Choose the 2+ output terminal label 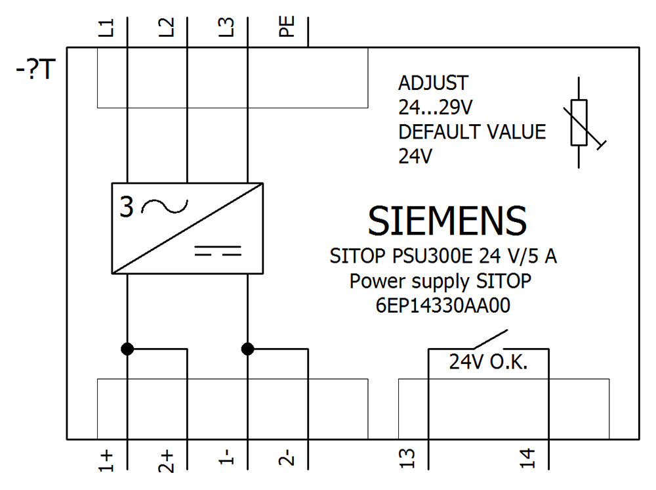168,461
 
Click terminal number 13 408,460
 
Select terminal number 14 529,460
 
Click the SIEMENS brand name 447,221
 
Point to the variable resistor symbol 580,123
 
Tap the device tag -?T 39,70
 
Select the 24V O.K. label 488,362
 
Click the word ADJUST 434,83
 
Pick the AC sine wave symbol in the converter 163,208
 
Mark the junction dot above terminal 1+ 127,349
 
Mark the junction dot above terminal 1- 247,349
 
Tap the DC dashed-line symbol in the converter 218,251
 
